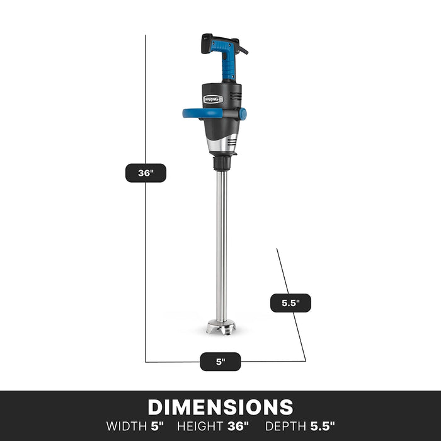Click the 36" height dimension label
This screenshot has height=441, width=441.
point(146,173)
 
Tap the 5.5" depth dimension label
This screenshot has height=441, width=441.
point(290,303)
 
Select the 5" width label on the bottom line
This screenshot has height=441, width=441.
point(220,362)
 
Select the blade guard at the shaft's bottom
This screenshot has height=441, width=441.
point(221,328)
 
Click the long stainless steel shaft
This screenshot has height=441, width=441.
point(221,246)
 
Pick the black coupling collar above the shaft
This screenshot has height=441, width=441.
point(222,165)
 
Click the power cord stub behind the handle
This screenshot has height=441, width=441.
point(242,47)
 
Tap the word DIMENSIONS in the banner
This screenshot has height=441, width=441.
point(220,407)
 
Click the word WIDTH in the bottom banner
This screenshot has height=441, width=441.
point(128,426)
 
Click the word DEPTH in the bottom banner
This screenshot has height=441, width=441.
point(286,426)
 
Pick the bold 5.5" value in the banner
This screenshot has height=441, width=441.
point(323,426)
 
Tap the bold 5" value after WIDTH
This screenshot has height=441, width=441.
point(157,426)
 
